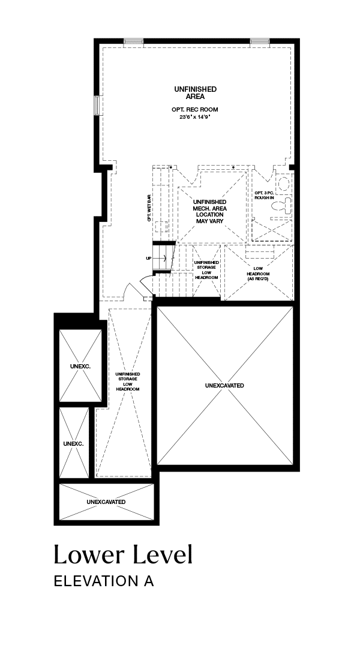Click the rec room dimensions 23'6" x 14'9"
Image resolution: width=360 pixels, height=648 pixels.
coord(194,117)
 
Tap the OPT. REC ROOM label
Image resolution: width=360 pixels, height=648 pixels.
coord(194,110)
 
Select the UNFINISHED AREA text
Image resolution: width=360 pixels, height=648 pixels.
coord(195,92)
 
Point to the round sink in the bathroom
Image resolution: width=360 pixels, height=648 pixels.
coord(283,182)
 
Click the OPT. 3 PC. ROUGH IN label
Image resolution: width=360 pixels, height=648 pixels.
coord(265,195)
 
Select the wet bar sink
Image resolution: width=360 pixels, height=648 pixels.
coord(161,226)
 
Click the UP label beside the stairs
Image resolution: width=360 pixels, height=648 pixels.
coord(148,258)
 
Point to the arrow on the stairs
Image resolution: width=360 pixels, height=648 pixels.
coord(161,258)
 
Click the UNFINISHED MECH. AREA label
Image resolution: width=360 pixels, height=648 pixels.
coord(209,211)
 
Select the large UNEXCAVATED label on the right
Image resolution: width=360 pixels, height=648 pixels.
coord(224,385)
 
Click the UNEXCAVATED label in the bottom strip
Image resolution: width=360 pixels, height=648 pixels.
coord(106,502)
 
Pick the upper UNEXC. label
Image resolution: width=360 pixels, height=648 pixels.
coord(80,366)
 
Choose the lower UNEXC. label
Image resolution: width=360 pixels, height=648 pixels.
coord(74,443)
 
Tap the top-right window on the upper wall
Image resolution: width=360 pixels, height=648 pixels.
coord(260,41)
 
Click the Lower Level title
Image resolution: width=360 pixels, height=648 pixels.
coord(123,554)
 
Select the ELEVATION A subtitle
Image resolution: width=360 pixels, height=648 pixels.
coord(104,581)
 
